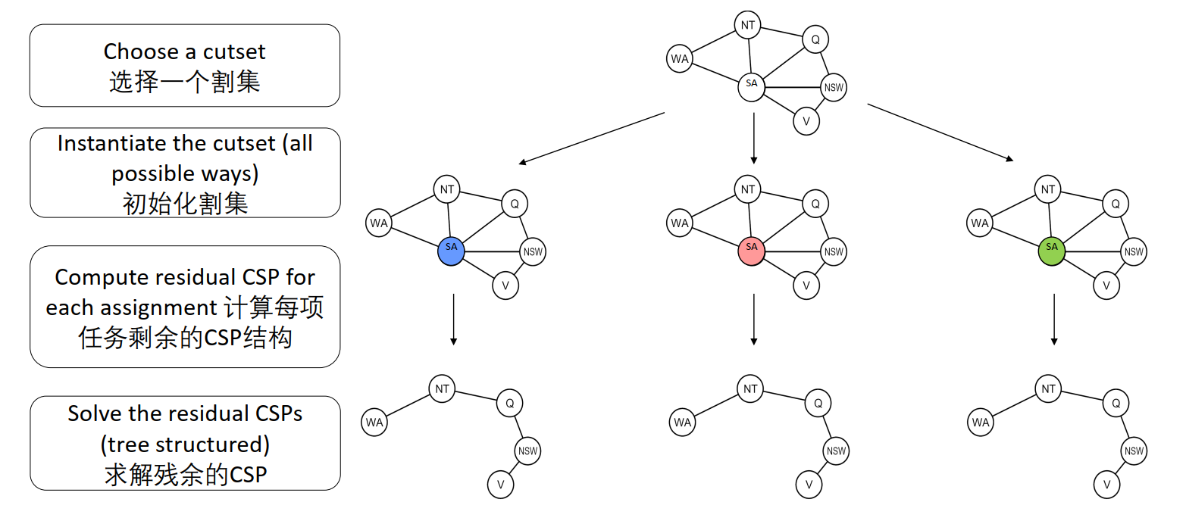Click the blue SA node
(451, 252)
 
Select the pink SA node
(751, 252)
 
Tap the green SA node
(1051, 252)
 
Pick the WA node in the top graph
(680, 58)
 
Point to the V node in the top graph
(806, 120)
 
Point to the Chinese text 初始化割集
(185, 204)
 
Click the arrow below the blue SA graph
(453, 319)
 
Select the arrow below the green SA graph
(1053, 319)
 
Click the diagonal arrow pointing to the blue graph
(591, 138)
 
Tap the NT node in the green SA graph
(1048, 189)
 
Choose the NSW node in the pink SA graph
(834, 251)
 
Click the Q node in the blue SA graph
(515, 204)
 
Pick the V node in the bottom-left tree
(500, 484)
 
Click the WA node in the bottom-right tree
(981, 423)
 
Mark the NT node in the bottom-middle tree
(750, 389)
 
